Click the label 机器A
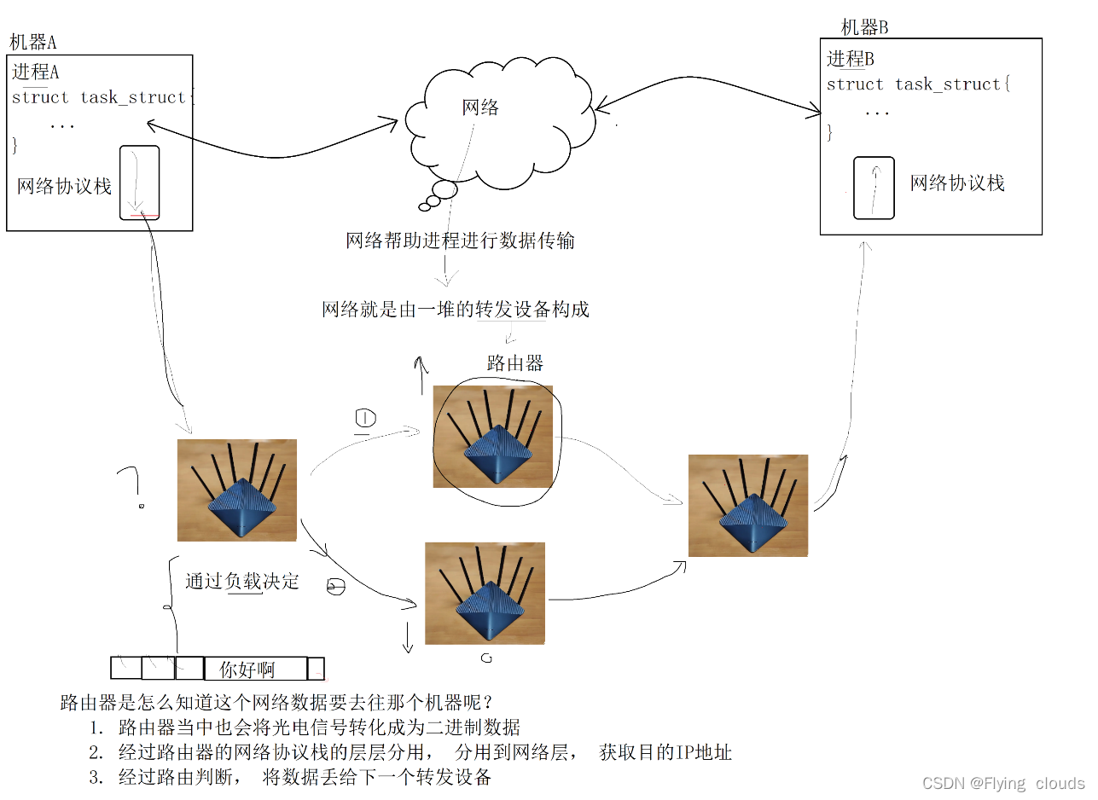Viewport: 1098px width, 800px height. [33, 43]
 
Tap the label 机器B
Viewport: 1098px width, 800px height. [864, 27]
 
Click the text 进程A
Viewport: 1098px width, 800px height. [36, 72]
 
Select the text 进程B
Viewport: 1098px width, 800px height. [851, 59]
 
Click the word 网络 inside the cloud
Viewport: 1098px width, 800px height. [480, 107]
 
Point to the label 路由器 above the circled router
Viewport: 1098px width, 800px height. [514, 363]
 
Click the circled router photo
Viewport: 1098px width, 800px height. [492, 436]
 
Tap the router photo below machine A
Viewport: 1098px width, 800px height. [236, 490]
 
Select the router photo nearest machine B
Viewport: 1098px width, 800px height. [747, 505]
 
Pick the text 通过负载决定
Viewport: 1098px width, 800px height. [242, 582]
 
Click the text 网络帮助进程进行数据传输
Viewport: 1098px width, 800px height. [460, 241]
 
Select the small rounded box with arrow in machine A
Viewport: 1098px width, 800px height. [139, 182]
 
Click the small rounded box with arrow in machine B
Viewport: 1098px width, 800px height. [874, 188]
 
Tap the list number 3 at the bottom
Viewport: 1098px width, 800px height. [95, 777]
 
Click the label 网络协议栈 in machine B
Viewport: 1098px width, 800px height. [957, 183]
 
